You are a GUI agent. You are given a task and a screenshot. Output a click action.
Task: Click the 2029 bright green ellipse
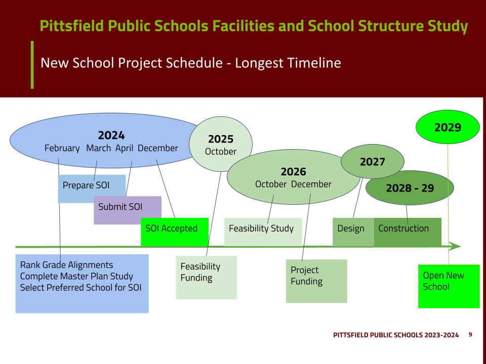pyautogui.click(x=448, y=127)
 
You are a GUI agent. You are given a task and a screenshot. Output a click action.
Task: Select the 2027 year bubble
pyautogui.click(x=372, y=162)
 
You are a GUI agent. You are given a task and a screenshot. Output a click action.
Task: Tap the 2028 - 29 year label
pyautogui.click(x=410, y=188)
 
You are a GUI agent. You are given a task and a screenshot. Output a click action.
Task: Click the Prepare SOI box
pyautogui.click(x=92, y=189)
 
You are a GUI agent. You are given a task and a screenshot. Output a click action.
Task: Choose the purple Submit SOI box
pyautogui.click(x=128, y=210)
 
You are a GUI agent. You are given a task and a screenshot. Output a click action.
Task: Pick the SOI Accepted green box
pyautogui.click(x=175, y=232)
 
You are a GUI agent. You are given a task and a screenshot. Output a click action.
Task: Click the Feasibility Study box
pyautogui.click(x=263, y=232)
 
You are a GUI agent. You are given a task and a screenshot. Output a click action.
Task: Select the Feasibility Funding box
pyautogui.click(x=206, y=278)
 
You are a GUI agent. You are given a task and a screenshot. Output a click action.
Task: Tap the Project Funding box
pyautogui.click(x=316, y=281)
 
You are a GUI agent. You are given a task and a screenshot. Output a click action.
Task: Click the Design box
pyautogui.click(x=353, y=232)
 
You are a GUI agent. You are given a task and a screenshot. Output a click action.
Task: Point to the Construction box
pyautogui.click(x=408, y=232)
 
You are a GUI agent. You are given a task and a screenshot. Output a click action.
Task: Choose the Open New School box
pyautogui.click(x=449, y=286)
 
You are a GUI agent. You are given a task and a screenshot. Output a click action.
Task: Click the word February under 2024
pyautogui.click(x=62, y=148)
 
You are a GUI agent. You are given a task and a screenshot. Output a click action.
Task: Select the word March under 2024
pyautogui.click(x=99, y=148)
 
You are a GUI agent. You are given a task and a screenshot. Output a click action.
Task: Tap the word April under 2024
pyautogui.click(x=125, y=148)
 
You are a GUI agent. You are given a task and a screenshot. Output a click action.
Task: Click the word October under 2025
pyautogui.click(x=221, y=151)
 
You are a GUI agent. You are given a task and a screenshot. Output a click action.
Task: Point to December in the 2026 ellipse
pyautogui.click(x=311, y=184)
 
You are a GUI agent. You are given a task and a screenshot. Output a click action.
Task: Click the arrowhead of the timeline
pyautogui.click(x=455, y=246)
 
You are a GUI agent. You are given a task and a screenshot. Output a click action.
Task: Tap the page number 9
pyautogui.click(x=470, y=335)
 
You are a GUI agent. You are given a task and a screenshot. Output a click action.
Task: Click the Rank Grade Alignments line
pyautogui.click(x=66, y=265)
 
